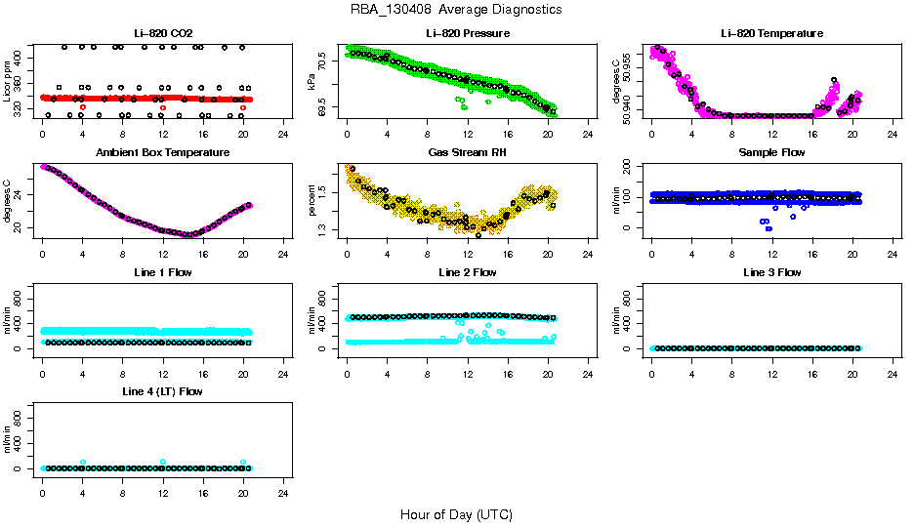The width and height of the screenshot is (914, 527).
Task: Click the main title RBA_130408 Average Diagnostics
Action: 456,10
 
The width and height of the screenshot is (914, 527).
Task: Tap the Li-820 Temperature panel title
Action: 772,33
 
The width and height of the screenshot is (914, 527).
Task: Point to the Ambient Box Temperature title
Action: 163,153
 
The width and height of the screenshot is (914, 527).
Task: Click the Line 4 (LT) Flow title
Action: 163,391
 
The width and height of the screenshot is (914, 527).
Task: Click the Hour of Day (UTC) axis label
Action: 456,514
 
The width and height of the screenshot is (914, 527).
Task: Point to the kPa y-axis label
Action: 312,83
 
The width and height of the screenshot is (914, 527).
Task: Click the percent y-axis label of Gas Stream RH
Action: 312,202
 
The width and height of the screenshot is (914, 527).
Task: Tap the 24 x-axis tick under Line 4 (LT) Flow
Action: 284,482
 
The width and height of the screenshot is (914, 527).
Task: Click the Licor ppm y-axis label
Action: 8,83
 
